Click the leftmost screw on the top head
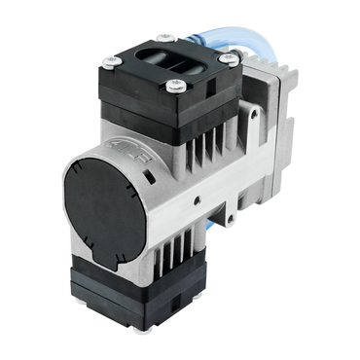tap(110, 62)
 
